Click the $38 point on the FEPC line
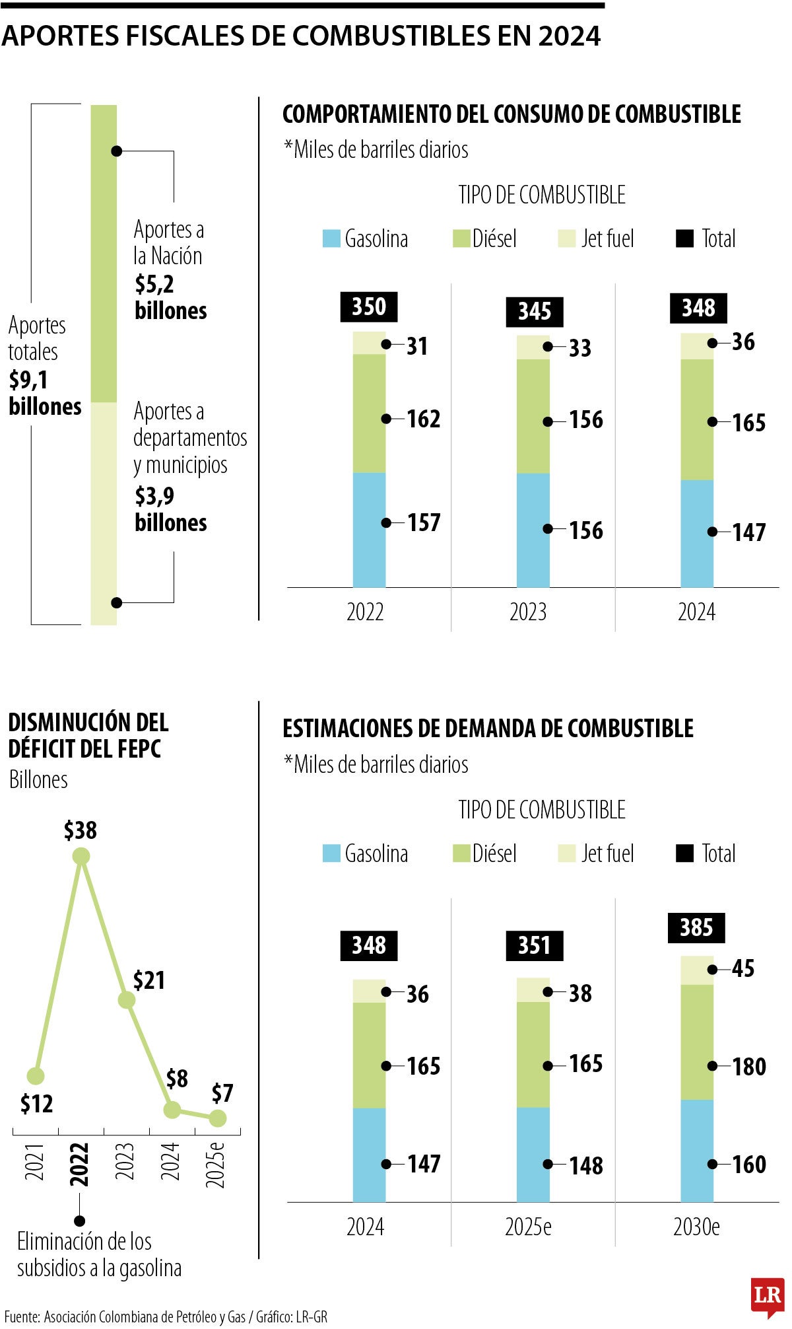click(81, 857)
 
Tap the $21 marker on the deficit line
click(127, 1000)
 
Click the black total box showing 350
click(368, 307)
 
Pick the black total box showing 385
click(696, 927)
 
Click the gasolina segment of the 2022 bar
click(369, 530)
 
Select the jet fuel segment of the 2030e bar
click(697, 970)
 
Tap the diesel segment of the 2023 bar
click(533, 416)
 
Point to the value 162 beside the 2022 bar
click(423, 419)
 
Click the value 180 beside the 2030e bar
click(749, 1067)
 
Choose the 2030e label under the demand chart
click(696, 1227)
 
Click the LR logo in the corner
click(768, 1296)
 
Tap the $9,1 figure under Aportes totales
click(28, 380)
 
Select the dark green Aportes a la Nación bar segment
click(104, 254)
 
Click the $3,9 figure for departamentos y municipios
click(154, 496)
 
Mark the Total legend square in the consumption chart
click(685, 238)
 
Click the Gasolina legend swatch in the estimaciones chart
click(331, 853)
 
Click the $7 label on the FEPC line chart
click(222, 1094)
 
